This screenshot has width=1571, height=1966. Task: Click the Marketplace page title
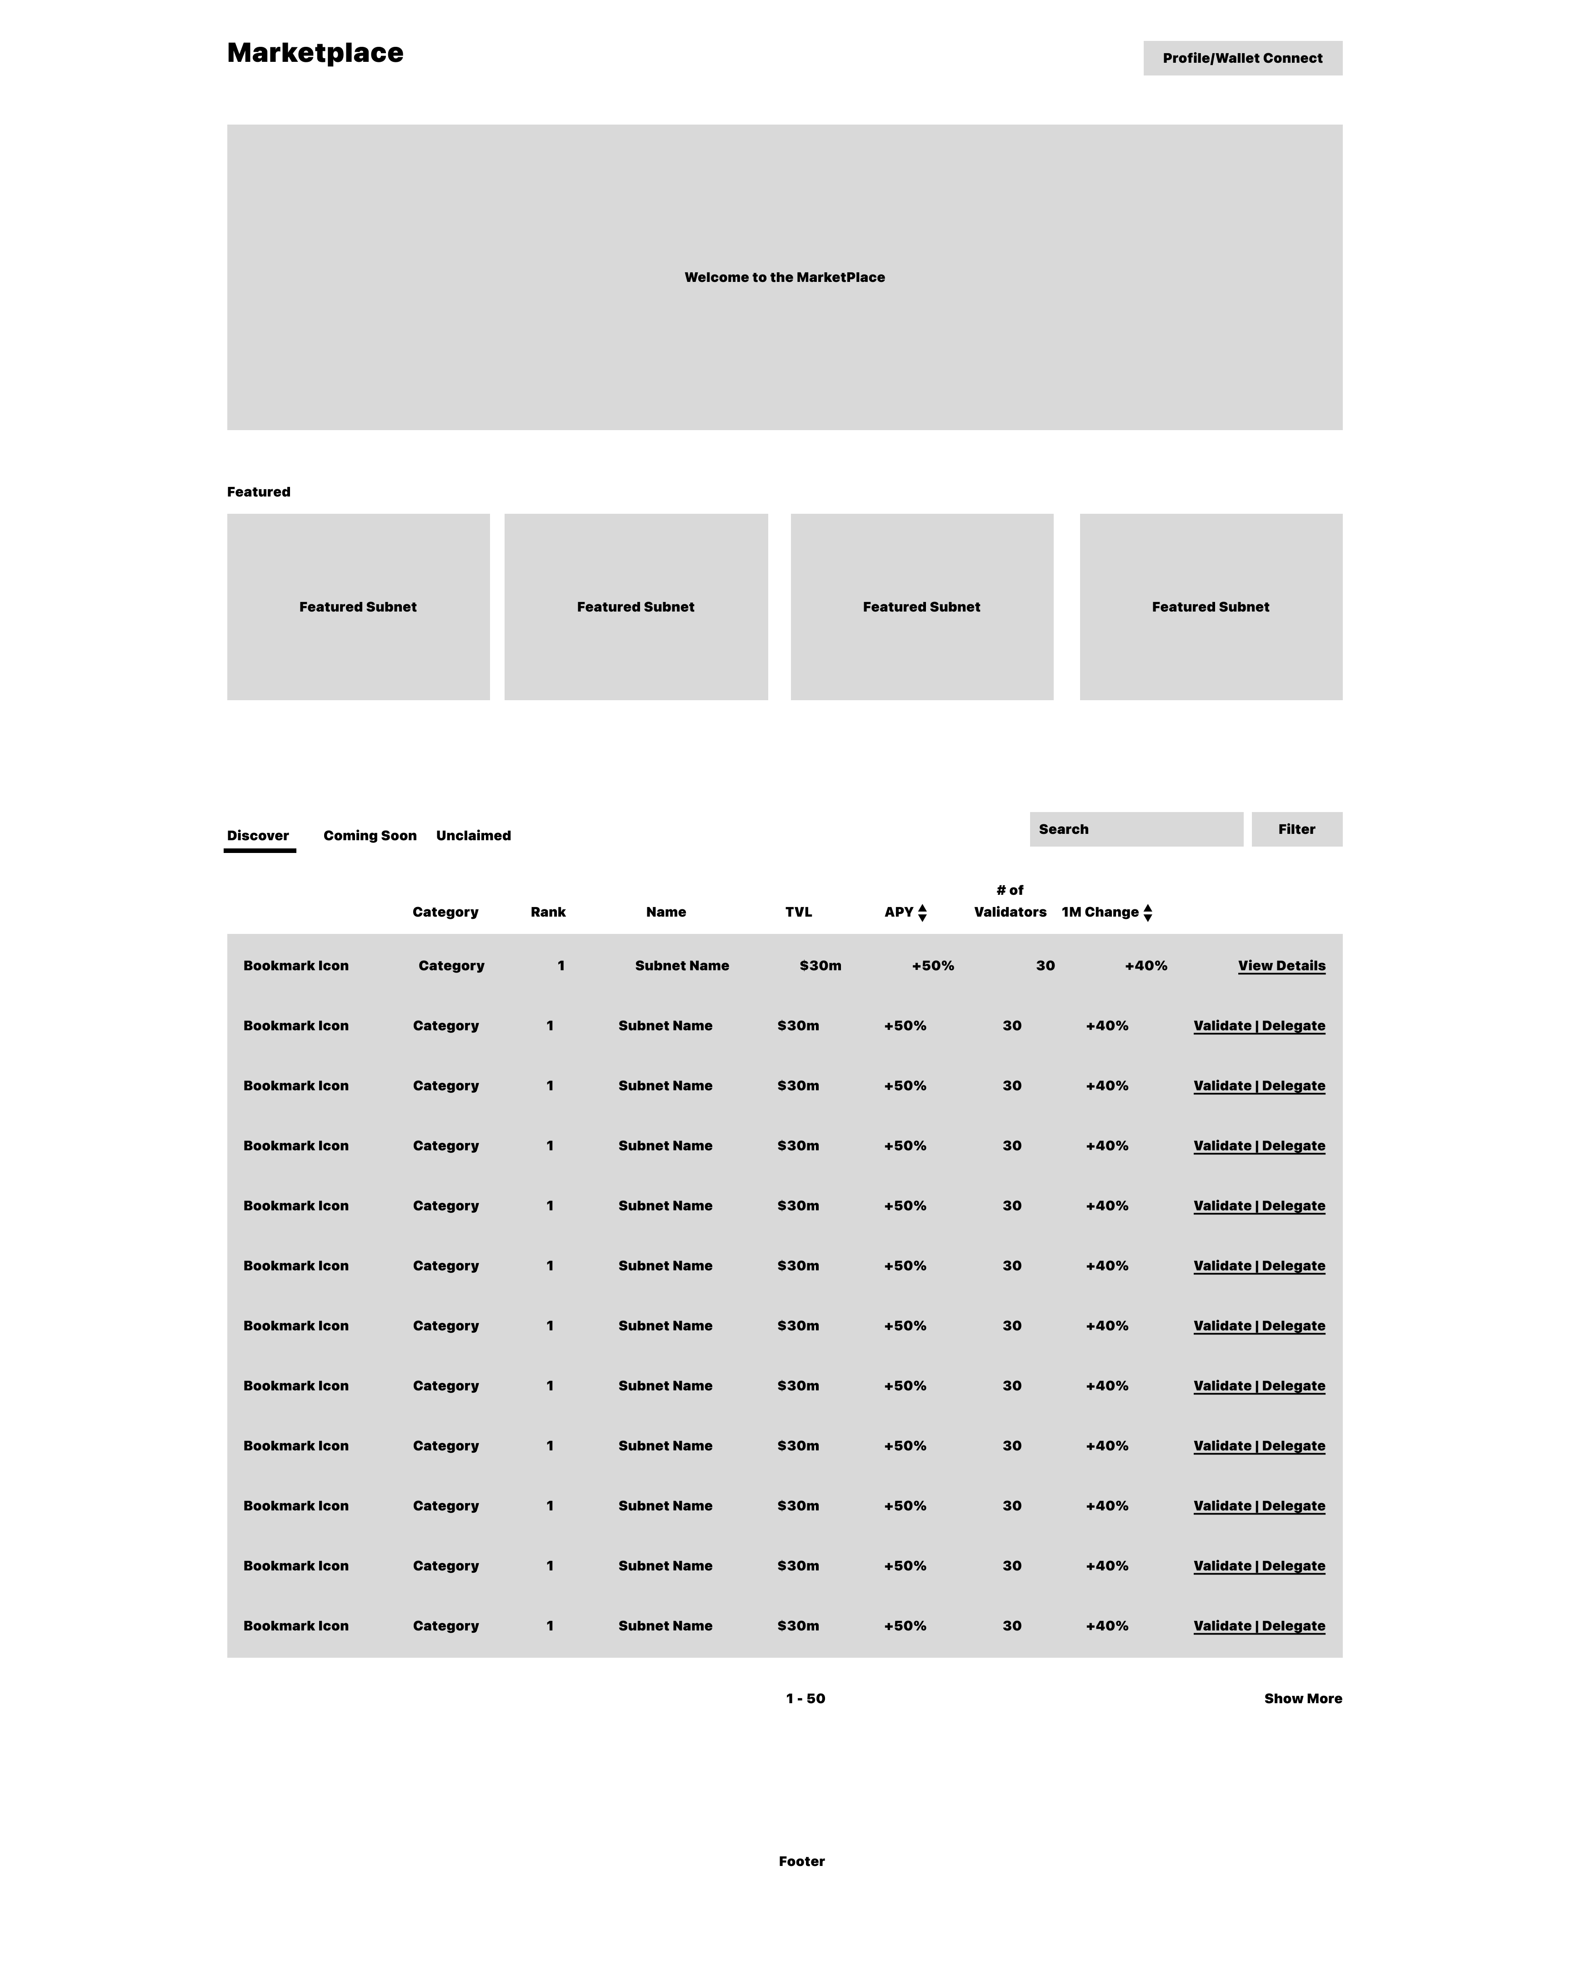315,53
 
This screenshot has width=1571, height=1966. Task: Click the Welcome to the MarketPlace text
784,277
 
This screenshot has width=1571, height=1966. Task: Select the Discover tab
258,835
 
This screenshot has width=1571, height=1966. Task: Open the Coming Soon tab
369,835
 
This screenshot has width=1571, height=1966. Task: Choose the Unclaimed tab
473,835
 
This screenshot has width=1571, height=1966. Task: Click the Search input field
1135,829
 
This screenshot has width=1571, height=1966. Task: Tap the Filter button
1296,829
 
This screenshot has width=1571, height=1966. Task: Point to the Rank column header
548,912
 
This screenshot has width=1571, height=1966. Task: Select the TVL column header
798,912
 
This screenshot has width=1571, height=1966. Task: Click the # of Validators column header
1009,901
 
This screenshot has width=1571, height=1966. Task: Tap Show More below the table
1302,1698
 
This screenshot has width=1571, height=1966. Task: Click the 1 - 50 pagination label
805,1698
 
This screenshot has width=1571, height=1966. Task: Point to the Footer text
801,1861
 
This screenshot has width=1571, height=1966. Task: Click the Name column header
665,912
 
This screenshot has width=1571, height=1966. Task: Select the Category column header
445,912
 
